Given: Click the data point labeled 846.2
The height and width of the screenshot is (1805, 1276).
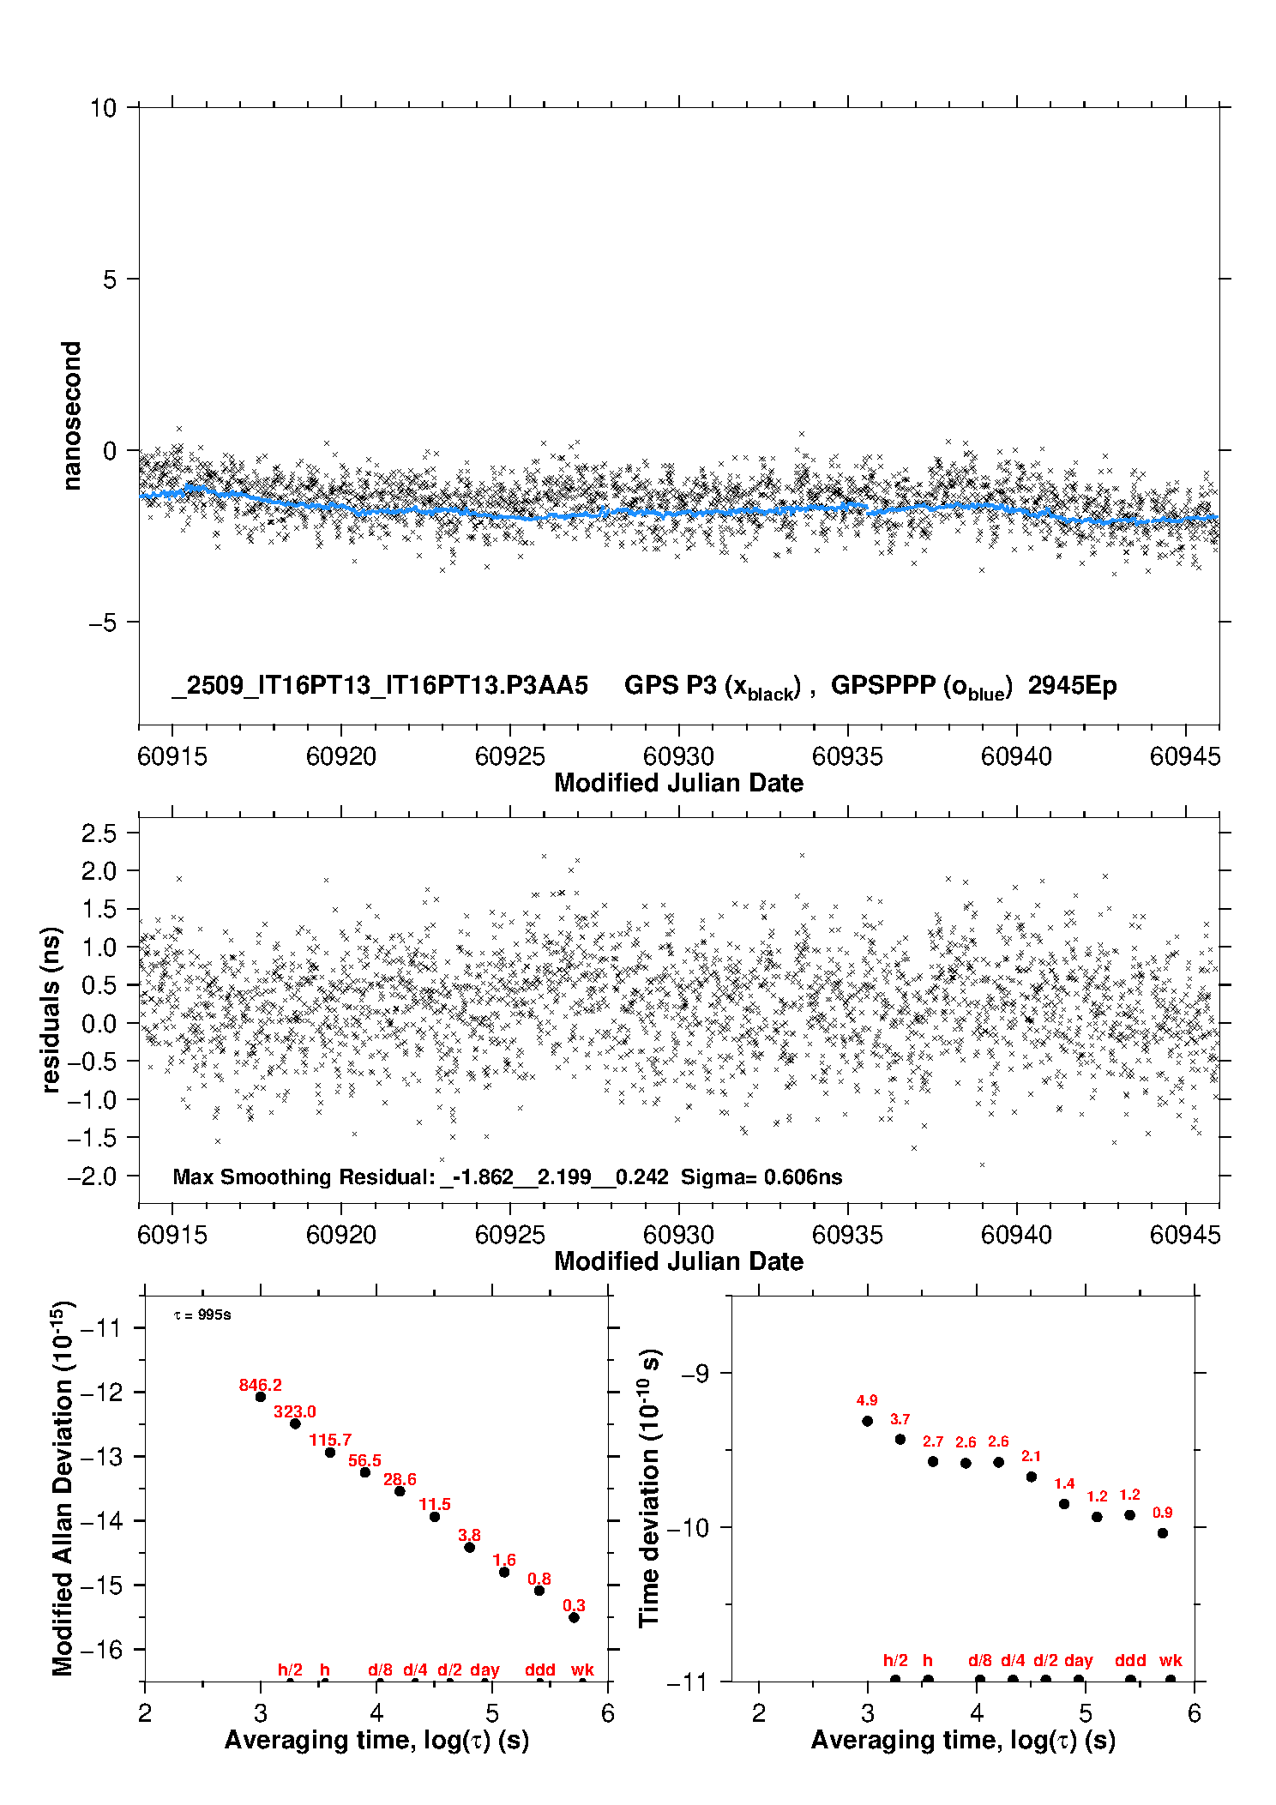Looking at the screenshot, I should coord(261,1397).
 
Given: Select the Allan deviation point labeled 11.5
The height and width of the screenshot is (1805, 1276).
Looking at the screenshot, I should coord(435,1517).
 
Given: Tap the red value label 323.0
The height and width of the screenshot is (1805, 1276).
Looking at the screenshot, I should coord(295,1412).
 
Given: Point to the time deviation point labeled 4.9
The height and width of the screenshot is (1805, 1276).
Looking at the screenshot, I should coord(867,1421).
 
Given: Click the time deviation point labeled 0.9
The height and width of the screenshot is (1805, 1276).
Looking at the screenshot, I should coord(1163,1533).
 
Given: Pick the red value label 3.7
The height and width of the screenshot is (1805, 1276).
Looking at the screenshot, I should coord(900,1420).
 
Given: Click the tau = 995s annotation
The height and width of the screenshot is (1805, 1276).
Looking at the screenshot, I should coord(202,1315).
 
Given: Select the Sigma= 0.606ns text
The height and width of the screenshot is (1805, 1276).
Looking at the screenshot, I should coord(761,1177).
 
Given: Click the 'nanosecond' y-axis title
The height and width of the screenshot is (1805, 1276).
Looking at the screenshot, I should coord(72,416).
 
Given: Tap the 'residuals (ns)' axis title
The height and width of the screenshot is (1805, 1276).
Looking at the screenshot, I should coord(51,1009).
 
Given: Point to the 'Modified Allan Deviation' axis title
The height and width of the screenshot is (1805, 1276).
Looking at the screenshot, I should coord(63,1488).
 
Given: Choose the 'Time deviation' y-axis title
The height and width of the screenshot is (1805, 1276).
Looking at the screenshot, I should coord(649,1488).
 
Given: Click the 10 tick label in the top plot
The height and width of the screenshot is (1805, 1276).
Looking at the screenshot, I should coord(103,108).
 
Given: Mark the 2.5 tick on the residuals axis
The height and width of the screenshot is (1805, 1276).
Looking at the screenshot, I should coord(99,833).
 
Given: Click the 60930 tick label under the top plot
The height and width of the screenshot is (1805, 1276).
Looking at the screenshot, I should coord(678,756).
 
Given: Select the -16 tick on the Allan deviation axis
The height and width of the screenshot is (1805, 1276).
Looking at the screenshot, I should coord(101,1649).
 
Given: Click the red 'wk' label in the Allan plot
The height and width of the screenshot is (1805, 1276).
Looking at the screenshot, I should coord(582,1670).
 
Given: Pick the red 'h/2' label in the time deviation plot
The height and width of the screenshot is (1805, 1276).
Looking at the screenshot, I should coord(895,1660).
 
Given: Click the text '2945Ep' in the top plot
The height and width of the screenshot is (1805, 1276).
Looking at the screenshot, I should coord(1072,686).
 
